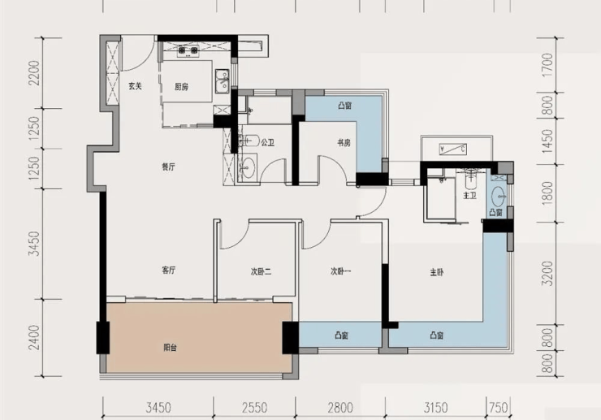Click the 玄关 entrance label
tap(135, 86)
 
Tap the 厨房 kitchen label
tap(181, 87)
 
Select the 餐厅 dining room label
tap(169, 167)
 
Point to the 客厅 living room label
tap(169, 271)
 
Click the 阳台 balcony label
tap(171, 348)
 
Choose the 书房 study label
tap(344, 143)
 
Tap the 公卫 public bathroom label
tap(267, 143)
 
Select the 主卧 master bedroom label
tap(437, 272)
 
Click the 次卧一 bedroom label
tap(341, 271)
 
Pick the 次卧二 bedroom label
tap(261, 272)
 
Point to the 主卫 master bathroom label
tap(470, 196)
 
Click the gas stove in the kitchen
tap(188, 50)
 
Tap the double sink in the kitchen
tap(222, 81)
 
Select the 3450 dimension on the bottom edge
tap(158, 407)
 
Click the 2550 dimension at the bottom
tap(254, 407)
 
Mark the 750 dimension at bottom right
tap(499, 407)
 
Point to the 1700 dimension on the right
tap(548, 65)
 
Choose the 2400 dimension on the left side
tap(34, 337)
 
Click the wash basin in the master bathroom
tap(499, 197)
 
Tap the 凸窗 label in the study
tap(345, 106)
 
